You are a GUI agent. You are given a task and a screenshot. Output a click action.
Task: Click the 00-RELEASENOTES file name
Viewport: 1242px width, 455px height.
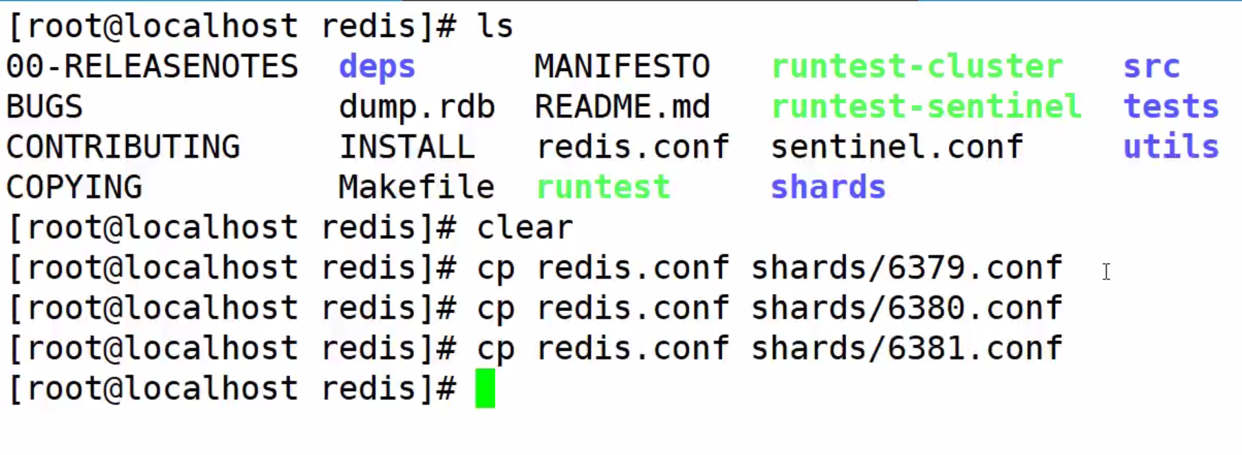point(152,67)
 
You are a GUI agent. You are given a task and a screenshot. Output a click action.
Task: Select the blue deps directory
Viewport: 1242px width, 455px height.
point(377,67)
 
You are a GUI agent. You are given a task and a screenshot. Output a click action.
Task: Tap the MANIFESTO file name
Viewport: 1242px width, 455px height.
point(622,67)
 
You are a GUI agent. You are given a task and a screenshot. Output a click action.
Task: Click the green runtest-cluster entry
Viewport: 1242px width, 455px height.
point(917,67)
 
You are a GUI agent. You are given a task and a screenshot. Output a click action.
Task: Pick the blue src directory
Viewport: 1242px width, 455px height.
point(1151,67)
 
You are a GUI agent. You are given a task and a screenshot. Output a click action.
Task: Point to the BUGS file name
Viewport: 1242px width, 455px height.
point(45,107)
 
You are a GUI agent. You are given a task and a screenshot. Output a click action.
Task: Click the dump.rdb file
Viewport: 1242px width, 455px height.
point(416,107)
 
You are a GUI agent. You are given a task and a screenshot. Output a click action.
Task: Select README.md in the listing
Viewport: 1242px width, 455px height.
point(622,107)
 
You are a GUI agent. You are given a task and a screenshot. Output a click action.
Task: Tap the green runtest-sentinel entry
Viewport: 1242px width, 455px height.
point(926,107)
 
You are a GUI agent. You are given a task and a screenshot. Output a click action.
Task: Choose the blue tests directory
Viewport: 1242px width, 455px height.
point(1170,107)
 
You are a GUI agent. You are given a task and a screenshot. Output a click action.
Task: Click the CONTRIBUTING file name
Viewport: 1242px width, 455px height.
point(123,147)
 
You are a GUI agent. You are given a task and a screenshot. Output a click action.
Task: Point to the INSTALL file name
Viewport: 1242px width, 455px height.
point(406,147)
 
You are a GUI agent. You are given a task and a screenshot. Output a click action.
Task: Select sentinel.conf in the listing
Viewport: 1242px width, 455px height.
point(897,147)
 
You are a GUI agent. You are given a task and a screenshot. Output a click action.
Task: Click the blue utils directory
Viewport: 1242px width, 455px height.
point(1170,147)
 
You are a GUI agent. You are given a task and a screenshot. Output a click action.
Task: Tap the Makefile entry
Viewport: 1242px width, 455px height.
point(416,187)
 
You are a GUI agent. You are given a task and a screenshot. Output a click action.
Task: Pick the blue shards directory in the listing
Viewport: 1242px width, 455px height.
point(828,187)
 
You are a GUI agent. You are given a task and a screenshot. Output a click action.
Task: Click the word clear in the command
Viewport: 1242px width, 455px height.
point(525,227)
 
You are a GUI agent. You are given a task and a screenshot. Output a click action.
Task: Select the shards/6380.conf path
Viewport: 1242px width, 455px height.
point(906,308)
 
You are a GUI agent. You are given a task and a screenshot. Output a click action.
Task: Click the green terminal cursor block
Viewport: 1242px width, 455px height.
point(485,388)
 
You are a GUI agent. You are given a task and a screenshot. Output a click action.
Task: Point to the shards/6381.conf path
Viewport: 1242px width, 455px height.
point(906,348)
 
